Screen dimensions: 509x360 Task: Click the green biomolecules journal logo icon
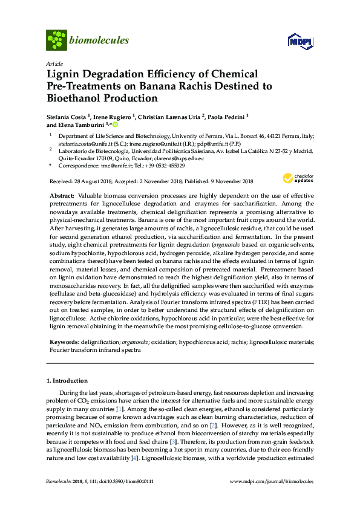tap(56, 40)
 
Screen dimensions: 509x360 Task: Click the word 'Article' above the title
tap(53, 63)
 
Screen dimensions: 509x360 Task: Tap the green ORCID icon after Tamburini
tap(115, 125)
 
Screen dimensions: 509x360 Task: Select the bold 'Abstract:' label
tap(61, 196)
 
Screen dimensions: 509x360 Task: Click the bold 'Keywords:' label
tap(63, 342)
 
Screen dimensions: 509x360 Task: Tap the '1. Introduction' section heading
tap(67, 381)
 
